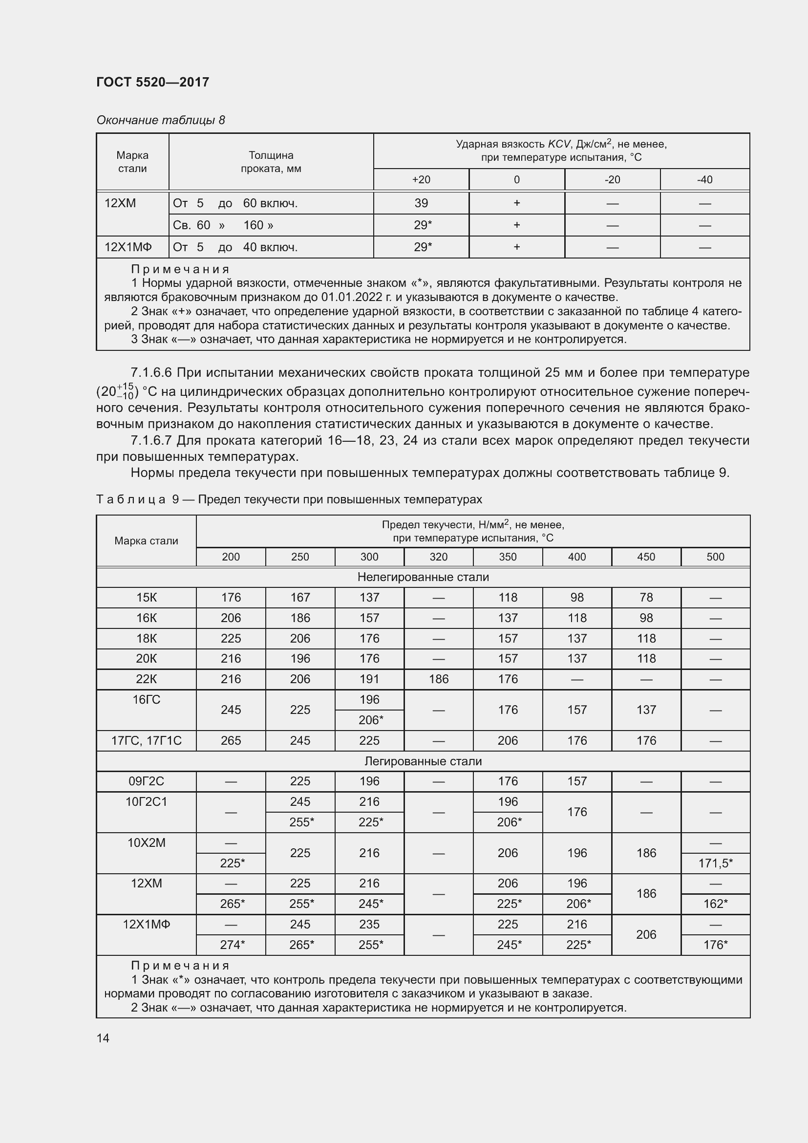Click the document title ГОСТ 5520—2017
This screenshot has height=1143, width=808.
point(153,82)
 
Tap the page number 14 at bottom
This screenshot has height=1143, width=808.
point(103,1038)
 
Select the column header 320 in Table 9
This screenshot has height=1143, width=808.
point(438,557)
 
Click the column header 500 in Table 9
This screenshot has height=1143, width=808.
point(715,557)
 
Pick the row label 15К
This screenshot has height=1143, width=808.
point(146,597)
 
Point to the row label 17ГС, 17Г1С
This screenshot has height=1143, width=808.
point(146,741)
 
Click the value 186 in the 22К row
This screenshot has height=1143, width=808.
point(438,679)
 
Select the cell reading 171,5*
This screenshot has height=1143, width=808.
point(715,863)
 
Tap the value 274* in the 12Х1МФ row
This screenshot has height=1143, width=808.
point(232,945)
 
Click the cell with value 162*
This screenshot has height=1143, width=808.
point(715,904)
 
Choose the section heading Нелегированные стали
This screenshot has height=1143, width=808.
point(423,577)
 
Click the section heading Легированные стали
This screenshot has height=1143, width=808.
point(423,761)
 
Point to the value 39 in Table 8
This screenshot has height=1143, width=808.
point(421,203)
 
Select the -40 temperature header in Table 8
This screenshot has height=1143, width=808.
point(704,180)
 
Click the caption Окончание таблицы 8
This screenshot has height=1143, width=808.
point(161,120)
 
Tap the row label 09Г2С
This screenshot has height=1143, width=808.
point(146,781)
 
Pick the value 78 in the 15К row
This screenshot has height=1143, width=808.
point(646,597)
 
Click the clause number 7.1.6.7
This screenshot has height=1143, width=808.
point(151,441)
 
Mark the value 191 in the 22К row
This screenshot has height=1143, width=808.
point(369,679)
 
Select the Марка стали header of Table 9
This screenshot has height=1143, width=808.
point(146,541)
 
